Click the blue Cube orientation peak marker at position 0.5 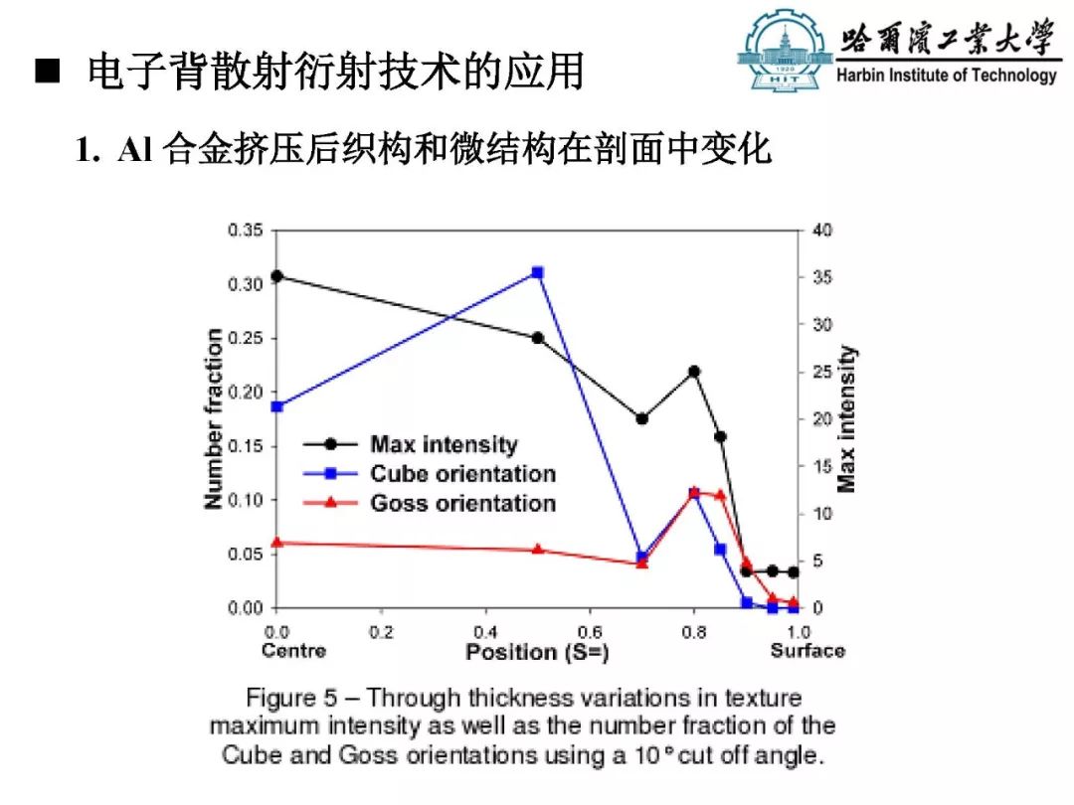pyautogui.click(x=537, y=272)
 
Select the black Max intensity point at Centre pyautogui.click(x=276, y=276)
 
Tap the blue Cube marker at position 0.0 pyautogui.click(x=276, y=406)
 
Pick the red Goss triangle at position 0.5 pyautogui.click(x=537, y=550)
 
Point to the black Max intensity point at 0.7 pyautogui.click(x=641, y=418)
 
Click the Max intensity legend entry pyautogui.click(x=444, y=445)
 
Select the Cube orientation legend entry pyautogui.click(x=462, y=474)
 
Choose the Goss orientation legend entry pyautogui.click(x=462, y=503)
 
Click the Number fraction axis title pyautogui.click(x=214, y=419)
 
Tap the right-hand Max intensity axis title pyautogui.click(x=846, y=419)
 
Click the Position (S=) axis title pyautogui.click(x=537, y=652)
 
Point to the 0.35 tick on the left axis pyautogui.click(x=246, y=231)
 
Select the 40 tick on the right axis pyautogui.click(x=822, y=231)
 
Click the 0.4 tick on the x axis pyautogui.click(x=485, y=632)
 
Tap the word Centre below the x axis pyautogui.click(x=293, y=651)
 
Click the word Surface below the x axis pyautogui.click(x=806, y=651)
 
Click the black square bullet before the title pyautogui.click(x=48, y=73)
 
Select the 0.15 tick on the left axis pyautogui.click(x=246, y=446)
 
